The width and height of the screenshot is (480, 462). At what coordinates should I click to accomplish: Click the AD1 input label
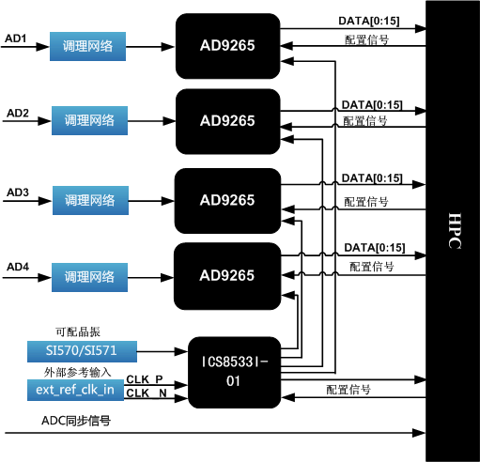[15, 38]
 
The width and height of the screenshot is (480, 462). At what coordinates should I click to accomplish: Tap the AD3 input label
[18, 192]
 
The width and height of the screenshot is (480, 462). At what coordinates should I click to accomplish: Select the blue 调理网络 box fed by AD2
[89, 120]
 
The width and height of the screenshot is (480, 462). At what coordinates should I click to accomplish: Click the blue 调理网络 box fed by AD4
[89, 277]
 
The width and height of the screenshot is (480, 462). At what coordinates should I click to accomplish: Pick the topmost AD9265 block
[227, 46]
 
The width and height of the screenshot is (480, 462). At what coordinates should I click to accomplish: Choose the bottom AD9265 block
[227, 276]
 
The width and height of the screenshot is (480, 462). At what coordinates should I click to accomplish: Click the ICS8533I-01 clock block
[234, 373]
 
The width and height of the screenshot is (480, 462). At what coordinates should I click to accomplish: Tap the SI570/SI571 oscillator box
[82, 351]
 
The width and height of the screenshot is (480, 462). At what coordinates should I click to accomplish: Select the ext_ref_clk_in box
[75, 390]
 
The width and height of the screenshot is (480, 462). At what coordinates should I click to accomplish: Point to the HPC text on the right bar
[455, 231]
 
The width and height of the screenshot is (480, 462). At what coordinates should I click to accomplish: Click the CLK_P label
[145, 379]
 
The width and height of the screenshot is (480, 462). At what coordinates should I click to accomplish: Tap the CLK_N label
[147, 393]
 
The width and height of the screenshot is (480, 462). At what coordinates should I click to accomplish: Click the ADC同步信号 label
[76, 421]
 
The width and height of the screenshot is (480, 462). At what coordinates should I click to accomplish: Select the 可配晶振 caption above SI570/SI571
[78, 331]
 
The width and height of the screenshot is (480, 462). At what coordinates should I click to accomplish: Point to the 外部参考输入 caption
[77, 372]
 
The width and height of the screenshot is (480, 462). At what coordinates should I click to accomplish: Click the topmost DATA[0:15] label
[369, 21]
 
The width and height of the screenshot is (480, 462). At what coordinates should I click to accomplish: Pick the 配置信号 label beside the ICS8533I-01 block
[348, 390]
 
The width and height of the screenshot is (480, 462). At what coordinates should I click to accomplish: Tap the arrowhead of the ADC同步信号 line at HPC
[419, 433]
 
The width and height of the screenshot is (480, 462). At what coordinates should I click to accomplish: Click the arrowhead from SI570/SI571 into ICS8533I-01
[181, 351]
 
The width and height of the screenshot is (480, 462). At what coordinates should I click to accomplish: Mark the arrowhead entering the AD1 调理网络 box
[43, 47]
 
